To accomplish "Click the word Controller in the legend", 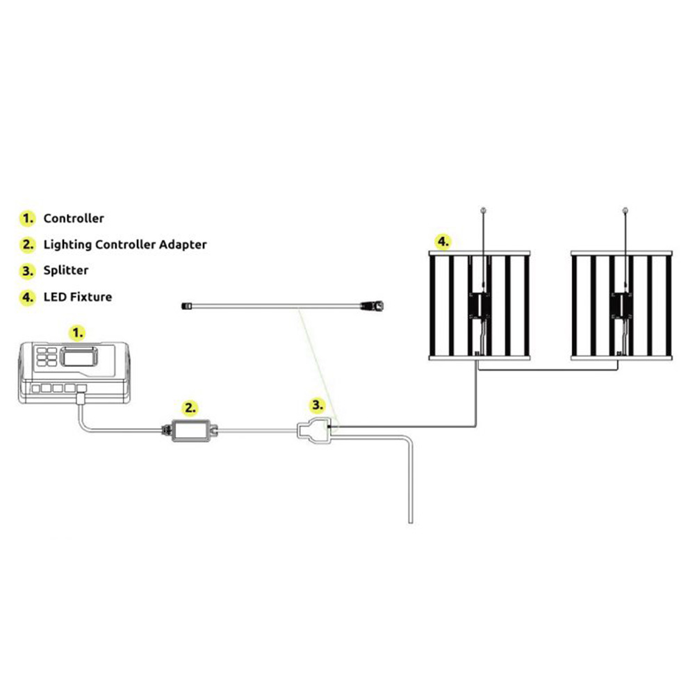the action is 74,218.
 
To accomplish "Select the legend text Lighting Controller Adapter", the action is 125,245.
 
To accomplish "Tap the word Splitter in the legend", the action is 65,270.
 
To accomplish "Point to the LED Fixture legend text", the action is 78,297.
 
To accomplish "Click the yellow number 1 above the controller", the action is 78,333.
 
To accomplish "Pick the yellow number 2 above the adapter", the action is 190,408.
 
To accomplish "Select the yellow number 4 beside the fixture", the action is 443,242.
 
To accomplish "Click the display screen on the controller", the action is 79,357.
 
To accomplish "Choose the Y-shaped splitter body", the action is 314,431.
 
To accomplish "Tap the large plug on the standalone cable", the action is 373,305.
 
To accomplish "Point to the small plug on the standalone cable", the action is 187,305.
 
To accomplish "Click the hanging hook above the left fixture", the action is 483,210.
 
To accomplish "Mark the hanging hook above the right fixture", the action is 625,210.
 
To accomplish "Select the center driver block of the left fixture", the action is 480,306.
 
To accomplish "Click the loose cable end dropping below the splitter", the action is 411,521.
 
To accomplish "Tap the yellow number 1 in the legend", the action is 28,218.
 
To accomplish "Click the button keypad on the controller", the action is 47,357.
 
